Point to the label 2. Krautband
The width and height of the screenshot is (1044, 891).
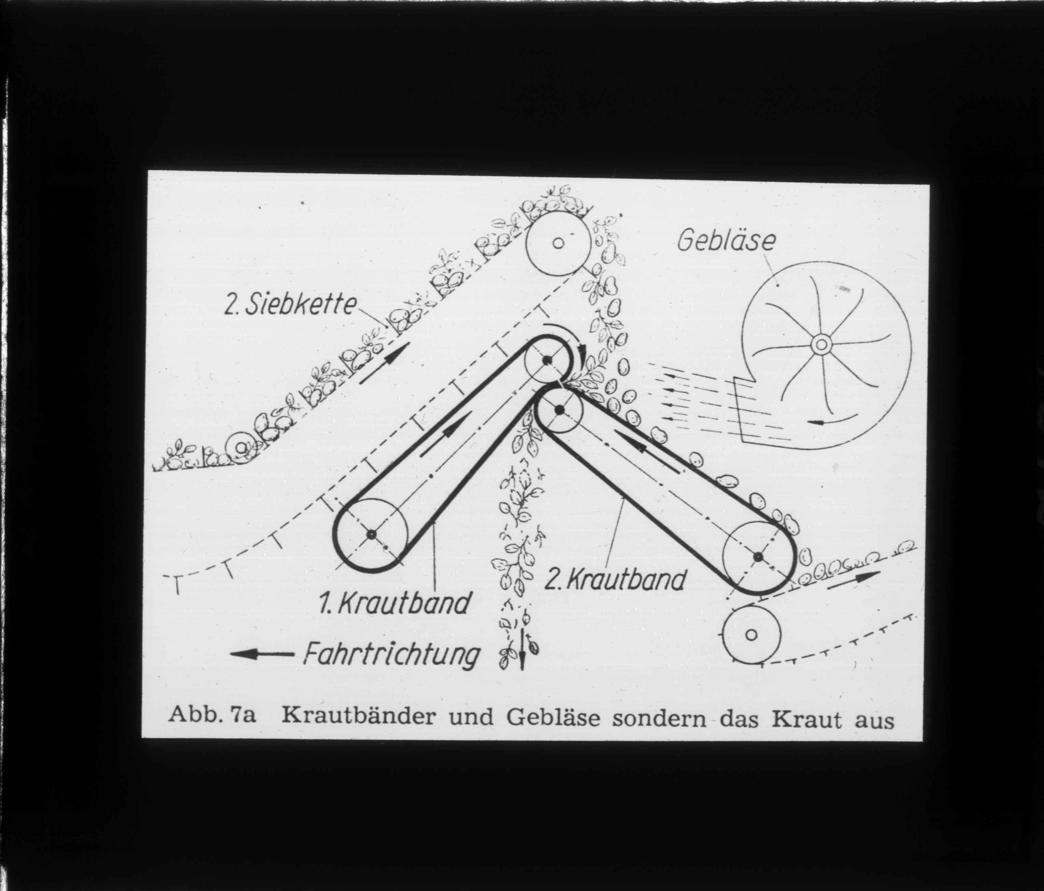[x=616, y=580]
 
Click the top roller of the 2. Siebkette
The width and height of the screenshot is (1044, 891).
[x=558, y=243]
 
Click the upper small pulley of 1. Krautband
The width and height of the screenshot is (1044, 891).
[x=546, y=359]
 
